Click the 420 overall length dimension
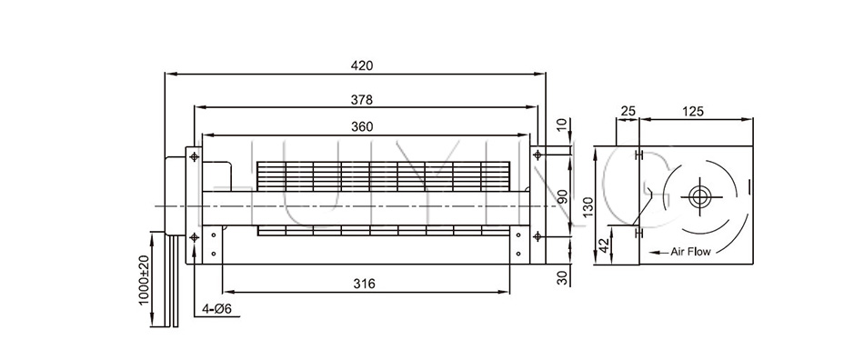361,65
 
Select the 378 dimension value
361,100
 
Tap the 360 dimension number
361,126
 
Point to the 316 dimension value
364,284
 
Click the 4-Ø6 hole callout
216,309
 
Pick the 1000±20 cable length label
144,281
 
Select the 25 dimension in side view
628,111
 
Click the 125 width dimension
693,111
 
